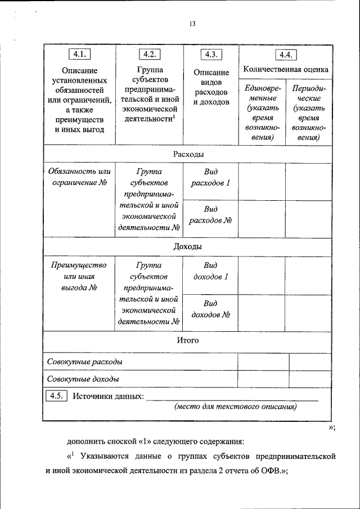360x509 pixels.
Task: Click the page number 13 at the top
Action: pyautogui.click(x=192, y=24)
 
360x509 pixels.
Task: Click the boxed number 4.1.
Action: pyautogui.click(x=80, y=55)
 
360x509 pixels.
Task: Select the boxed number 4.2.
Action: pyautogui.click(x=150, y=55)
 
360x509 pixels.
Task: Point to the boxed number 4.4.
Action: pyautogui.click(x=285, y=55)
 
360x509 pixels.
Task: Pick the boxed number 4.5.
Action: pyautogui.click(x=56, y=396)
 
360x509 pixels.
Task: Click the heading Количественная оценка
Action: pyautogui.click(x=285, y=70)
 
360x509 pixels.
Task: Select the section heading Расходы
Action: pyautogui.click(x=188, y=154)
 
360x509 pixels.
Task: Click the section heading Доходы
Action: pyautogui.click(x=188, y=246)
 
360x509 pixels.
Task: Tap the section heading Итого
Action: pyautogui.click(x=188, y=340)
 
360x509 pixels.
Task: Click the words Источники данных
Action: pyautogui.click(x=106, y=396)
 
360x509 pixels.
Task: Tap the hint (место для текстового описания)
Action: pyautogui.click(x=235, y=407)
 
